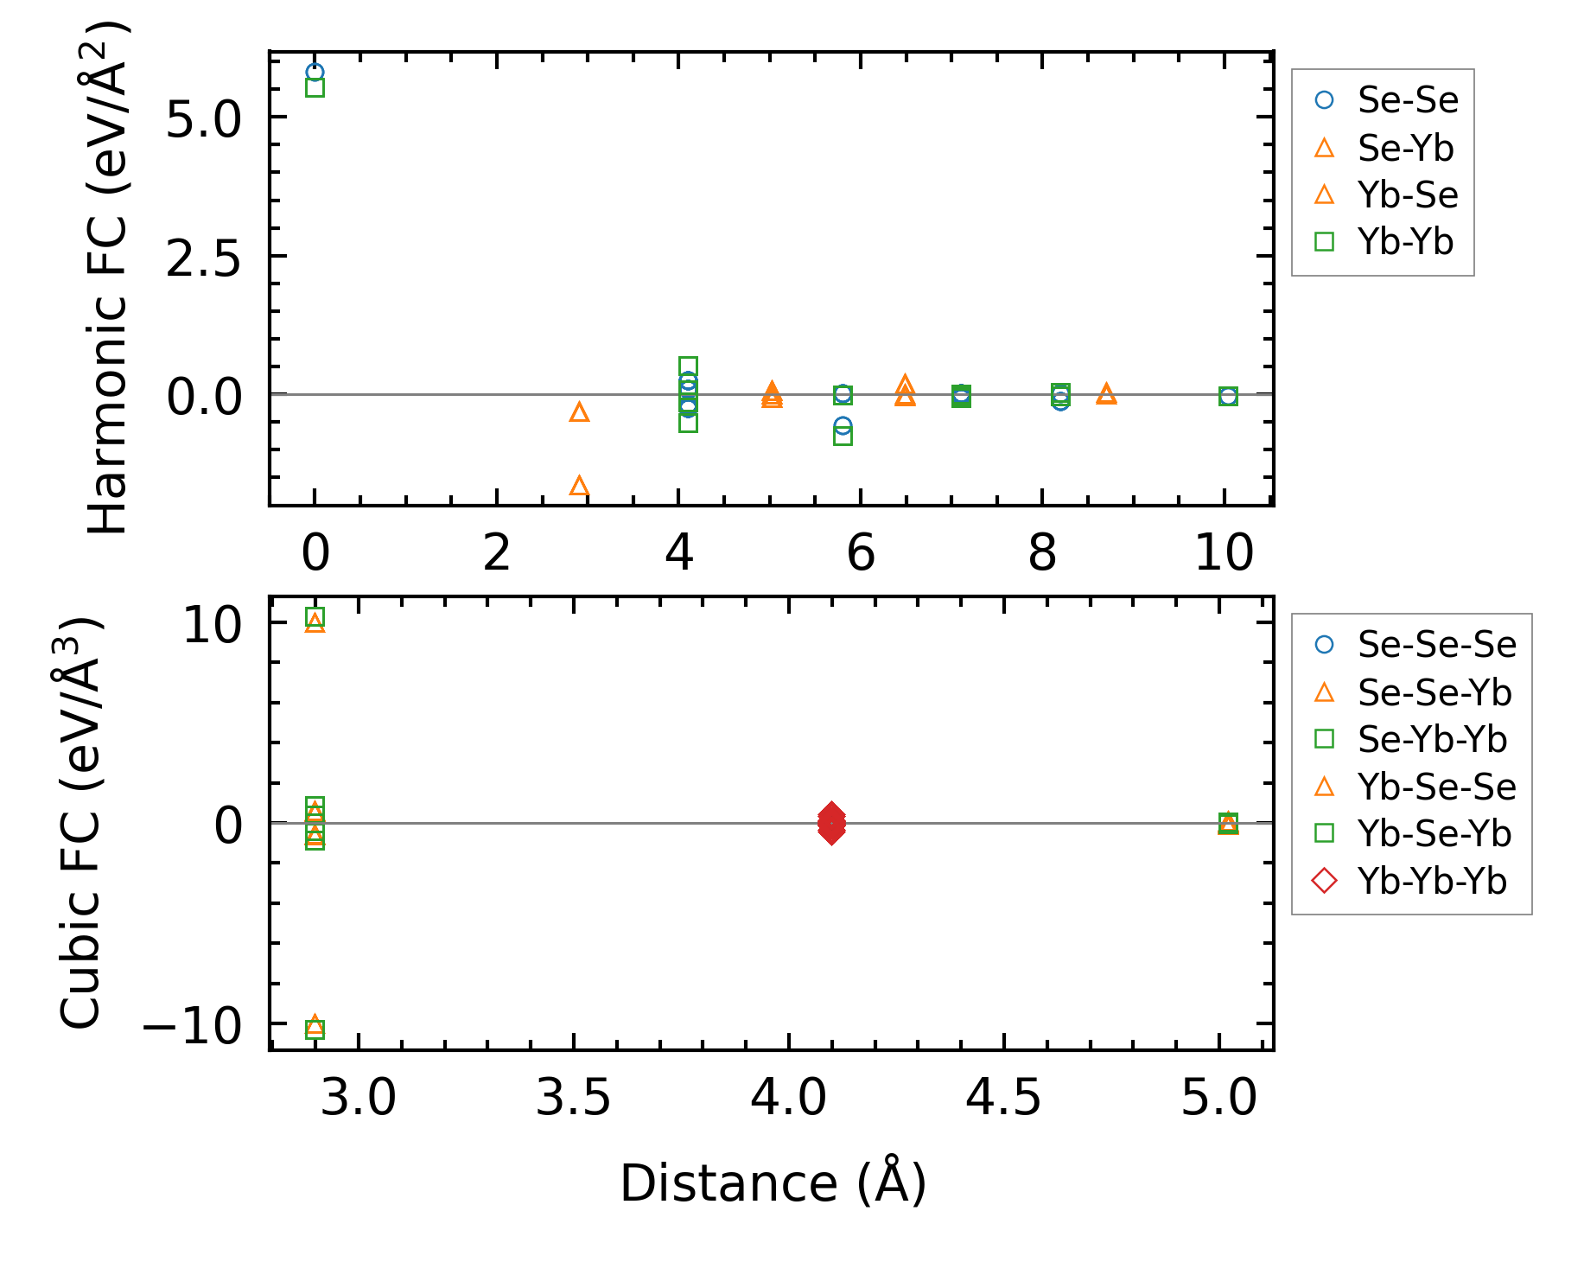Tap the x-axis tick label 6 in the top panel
point(861,553)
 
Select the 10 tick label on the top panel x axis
point(1224,553)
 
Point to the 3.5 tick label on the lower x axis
point(573,1099)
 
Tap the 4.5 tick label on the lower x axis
point(1003,1099)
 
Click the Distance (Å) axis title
point(773,1182)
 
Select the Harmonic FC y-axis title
point(109,277)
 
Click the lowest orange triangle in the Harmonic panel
point(579,486)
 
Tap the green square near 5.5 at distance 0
point(315,87)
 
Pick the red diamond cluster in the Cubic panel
point(830,823)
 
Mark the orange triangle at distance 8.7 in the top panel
point(1106,394)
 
